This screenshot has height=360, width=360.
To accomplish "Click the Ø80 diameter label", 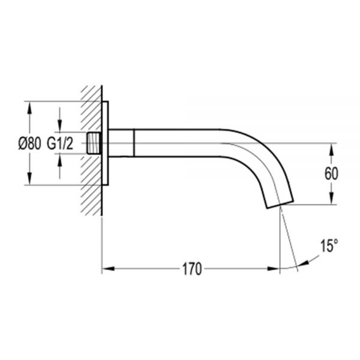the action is [30, 144].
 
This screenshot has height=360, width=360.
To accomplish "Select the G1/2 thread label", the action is [60, 144].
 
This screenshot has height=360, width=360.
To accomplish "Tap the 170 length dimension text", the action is [192, 269].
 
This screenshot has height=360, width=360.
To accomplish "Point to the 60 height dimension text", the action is [331, 174].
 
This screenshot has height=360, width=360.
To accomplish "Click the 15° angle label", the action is [329, 245].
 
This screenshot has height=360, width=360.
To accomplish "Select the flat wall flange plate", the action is [105, 143].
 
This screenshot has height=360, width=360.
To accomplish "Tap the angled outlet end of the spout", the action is [280, 205].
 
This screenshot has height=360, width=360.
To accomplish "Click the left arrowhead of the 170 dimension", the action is [108, 268].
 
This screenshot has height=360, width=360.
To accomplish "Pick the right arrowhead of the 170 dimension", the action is [273, 268].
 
